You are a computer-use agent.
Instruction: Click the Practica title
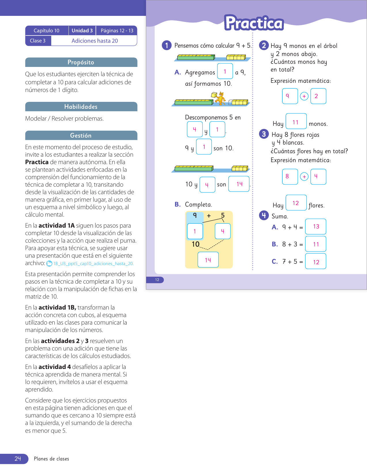point(254,23)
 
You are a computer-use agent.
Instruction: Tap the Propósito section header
point(81,62)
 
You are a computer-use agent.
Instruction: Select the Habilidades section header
point(81,107)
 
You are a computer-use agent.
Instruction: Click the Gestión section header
point(81,136)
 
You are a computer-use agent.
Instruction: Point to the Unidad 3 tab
point(82,31)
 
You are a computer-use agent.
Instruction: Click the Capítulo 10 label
point(46,31)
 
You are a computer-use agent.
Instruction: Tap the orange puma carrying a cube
point(220,98)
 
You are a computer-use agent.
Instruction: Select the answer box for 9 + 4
point(316,227)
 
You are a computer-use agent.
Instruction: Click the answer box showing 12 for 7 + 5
point(316,262)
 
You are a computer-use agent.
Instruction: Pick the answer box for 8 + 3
point(316,244)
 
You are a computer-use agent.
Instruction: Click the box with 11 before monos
point(296,121)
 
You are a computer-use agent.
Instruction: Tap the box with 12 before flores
point(296,203)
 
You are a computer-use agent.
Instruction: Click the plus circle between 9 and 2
point(304,96)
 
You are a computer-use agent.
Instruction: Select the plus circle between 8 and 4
point(304,177)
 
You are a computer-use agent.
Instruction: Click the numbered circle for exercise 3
point(264,134)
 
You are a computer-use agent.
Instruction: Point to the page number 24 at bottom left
point(18,459)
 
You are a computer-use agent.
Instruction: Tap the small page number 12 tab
point(157,280)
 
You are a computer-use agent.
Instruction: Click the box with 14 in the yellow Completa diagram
point(208,260)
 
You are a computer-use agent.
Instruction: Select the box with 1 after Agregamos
point(225,71)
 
